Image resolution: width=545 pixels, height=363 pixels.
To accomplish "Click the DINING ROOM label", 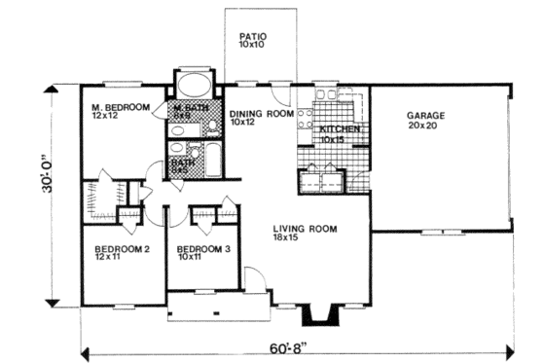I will coord(262,113).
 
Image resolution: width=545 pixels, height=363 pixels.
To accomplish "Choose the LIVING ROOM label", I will coord(304,229).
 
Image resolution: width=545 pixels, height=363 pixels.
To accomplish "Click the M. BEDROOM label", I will coord(121,108).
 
